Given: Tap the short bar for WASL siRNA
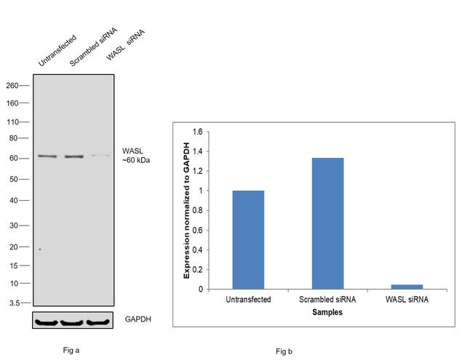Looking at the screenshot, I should [407, 287].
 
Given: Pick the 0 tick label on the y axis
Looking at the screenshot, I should [199, 289].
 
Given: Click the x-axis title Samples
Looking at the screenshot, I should [327, 312].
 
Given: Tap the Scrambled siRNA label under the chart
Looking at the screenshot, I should [327, 300].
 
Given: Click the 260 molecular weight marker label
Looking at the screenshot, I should [12, 85].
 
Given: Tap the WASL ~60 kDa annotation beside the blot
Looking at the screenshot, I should [136, 156].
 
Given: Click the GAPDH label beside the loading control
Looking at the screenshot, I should [138, 320].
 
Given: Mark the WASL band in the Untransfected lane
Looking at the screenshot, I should [48, 156].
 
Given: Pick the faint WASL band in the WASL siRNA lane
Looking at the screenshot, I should [99, 156].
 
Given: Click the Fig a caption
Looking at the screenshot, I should [71, 350].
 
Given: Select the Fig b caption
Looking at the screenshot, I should [284, 351].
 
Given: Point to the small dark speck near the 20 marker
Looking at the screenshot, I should [40, 249].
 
